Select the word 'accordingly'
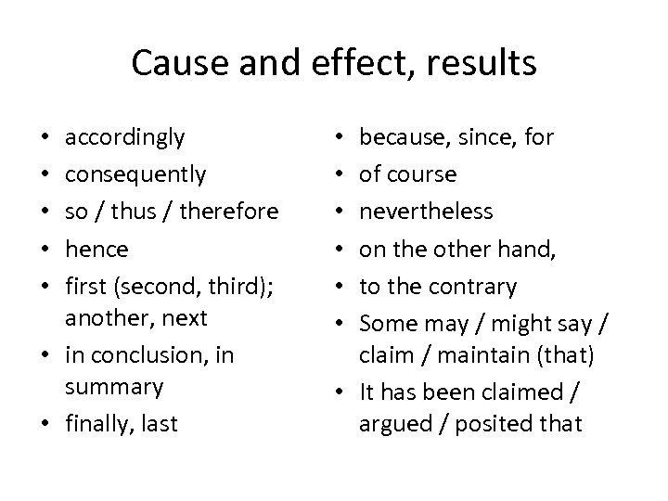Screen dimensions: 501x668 click(125, 138)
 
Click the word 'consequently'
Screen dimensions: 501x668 click(135, 174)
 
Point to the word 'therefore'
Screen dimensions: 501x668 click(228, 211)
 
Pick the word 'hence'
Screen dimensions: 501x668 click(96, 248)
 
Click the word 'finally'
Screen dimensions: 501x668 click(98, 424)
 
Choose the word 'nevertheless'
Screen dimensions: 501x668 click(426, 211)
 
